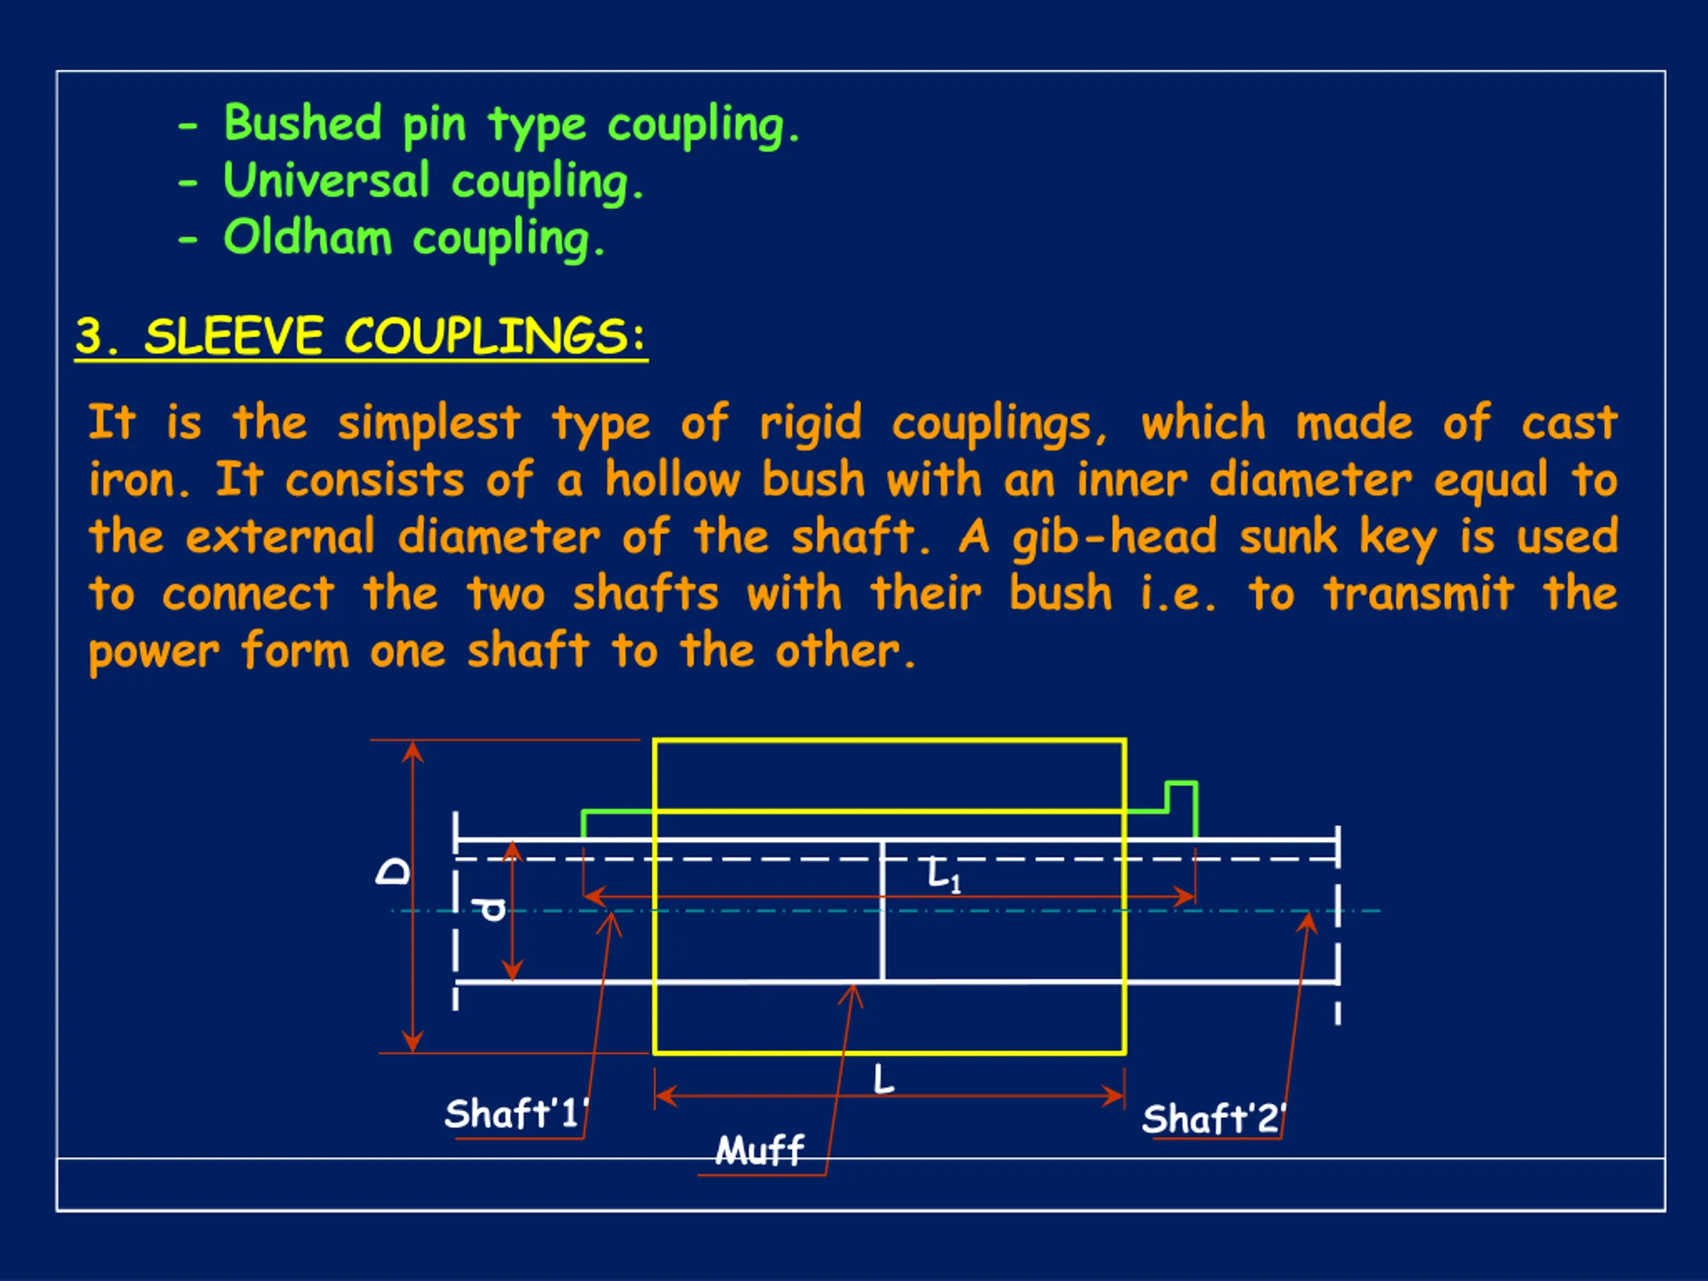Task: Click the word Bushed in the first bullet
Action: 303,123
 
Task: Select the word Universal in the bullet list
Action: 326,181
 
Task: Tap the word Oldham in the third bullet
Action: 308,237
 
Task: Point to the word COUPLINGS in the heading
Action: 486,337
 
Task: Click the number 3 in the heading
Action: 89,337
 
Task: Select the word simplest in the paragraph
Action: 428,423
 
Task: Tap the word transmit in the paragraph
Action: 1418,594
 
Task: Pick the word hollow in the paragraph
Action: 673,480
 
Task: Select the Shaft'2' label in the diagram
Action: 1213,1119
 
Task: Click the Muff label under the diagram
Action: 760,1150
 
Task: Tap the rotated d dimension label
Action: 492,909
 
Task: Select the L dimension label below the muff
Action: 883,1079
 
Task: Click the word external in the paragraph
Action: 280,537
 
